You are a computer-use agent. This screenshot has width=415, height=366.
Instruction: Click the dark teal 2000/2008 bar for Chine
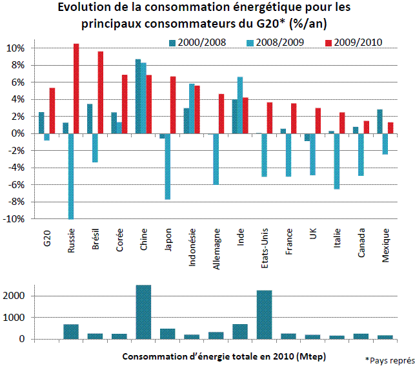pos(137,96)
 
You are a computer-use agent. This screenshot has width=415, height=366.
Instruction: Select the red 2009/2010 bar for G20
pos(52,110)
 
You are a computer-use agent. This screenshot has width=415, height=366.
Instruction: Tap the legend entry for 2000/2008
pos(191,43)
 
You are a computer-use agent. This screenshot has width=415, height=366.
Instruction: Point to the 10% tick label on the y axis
pos(15,48)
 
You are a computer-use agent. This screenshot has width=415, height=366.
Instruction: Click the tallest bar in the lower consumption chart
pos(143,312)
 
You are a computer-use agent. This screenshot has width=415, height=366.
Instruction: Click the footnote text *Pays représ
pos(389,358)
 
